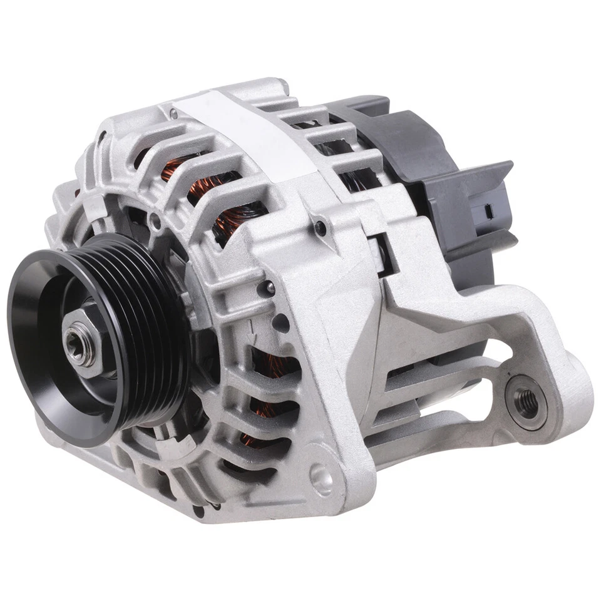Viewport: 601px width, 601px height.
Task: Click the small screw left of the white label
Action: tap(173, 113)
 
